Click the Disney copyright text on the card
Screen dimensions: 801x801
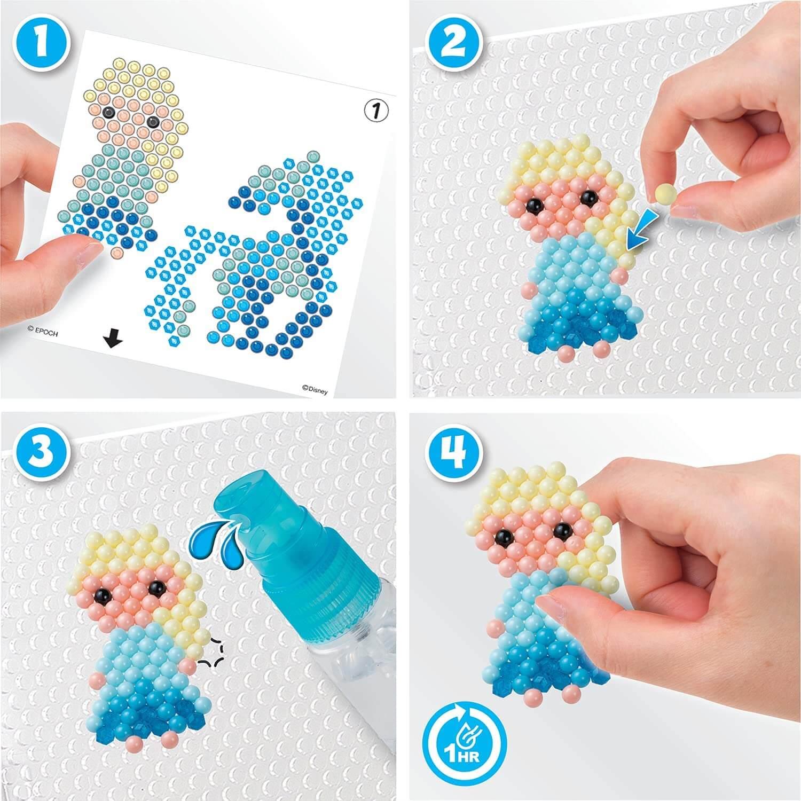coord(315,390)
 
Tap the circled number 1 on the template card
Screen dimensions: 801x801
coord(376,111)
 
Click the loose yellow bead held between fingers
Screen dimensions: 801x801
coord(663,192)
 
